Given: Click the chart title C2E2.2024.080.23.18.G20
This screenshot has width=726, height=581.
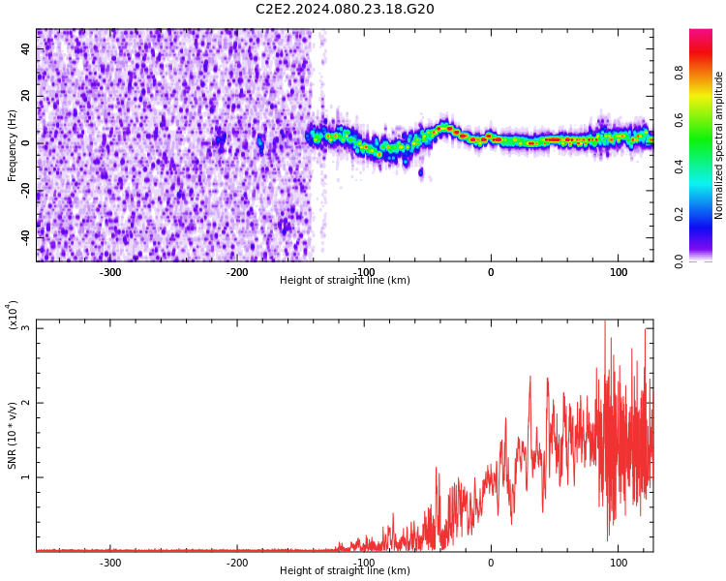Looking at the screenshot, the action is click(345, 9).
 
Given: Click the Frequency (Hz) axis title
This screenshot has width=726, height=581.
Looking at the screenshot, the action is click(12, 145).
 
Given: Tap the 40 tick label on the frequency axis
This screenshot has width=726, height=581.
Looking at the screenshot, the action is click(25, 48).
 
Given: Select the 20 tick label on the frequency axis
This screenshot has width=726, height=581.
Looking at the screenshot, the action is click(25, 96).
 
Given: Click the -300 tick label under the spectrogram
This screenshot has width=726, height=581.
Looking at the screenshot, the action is click(110, 272).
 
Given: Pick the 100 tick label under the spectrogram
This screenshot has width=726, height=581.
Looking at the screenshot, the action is click(619, 272).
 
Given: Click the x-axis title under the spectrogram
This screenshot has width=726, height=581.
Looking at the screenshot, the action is click(345, 280).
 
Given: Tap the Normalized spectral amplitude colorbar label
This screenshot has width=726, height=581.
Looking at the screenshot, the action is click(718, 145).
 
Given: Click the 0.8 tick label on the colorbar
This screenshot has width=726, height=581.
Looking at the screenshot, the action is click(679, 73).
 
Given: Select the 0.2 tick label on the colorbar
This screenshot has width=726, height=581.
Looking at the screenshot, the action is click(679, 214).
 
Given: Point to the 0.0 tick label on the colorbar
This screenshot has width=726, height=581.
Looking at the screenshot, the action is click(679, 261).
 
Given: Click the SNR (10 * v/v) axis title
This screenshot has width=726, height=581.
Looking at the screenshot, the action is click(12, 436).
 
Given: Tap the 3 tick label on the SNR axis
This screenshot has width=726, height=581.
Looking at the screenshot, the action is click(26, 328).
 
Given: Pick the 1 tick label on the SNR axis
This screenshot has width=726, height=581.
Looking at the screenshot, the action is click(26, 477).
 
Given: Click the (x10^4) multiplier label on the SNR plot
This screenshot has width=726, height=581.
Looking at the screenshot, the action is click(13, 315).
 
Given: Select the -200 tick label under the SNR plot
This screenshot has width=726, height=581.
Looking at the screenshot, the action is click(237, 563).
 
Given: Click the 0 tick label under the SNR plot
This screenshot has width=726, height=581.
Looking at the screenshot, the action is click(491, 563).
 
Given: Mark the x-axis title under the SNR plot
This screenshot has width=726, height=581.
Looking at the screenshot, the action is click(345, 570).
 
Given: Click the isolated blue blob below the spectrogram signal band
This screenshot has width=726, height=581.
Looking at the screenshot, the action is click(421, 172).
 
